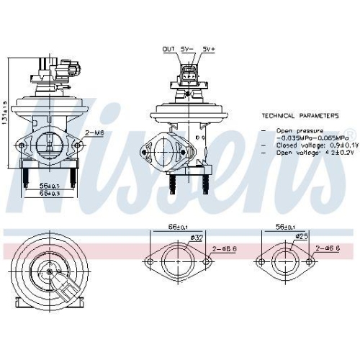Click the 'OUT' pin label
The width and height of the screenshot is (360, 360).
pyautogui.click(x=168, y=49)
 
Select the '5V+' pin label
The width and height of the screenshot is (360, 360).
pyautogui.click(x=209, y=49)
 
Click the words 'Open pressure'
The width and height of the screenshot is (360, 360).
pyautogui.click(x=299, y=130)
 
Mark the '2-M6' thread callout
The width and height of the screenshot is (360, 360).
pyautogui.click(x=94, y=132)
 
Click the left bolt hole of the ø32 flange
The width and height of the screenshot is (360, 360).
pyautogui.click(x=150, y=260)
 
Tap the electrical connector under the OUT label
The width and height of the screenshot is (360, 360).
pyautogui.click(x=189, y=73)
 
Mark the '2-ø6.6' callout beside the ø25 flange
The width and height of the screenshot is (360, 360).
pyautogui.click(x=328, y=248)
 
